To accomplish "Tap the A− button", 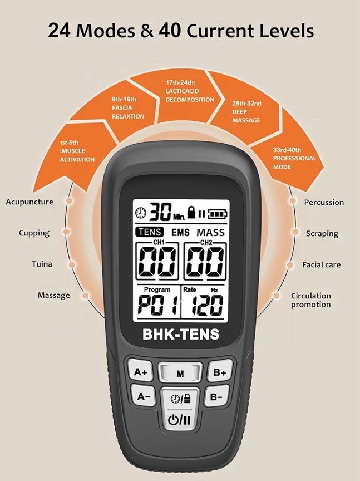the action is click(x=144, y=396).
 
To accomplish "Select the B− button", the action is click(x=216, y=396).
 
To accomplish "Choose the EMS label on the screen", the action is click(x=180, y=232).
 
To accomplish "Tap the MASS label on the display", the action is click(x=211, y=232).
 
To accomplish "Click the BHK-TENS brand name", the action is click(x=180, y=335).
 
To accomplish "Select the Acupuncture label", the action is click(x=29, y=202).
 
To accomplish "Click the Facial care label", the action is click(x=322, y=265).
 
